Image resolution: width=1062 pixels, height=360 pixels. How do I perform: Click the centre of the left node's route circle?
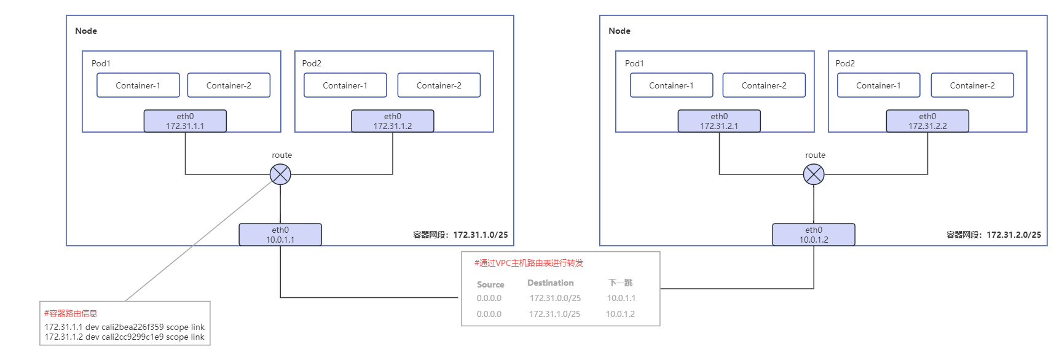[x=280, y=174]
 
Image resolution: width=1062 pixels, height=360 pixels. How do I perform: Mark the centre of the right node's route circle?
[x=814, y=174]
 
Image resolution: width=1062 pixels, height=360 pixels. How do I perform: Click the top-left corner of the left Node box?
[x=66, y=16]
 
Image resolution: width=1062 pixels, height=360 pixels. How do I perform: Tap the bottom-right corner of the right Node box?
[x=1047, y=246]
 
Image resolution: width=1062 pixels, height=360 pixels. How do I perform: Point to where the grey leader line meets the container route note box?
[x=125, y=301]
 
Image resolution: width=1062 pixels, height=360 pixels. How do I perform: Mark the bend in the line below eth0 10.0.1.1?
[x=280, y=297]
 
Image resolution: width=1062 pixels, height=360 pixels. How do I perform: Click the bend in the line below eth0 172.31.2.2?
[x=927, y=174]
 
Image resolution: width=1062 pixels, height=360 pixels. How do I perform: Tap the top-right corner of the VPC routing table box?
[x=660, y=252]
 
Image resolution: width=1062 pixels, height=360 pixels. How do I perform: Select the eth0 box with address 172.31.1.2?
[x=393, y=121]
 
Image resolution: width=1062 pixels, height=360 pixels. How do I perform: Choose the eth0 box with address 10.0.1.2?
[x=814, y=235]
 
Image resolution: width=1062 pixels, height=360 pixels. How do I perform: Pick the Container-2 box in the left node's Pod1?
[x=229, y=85]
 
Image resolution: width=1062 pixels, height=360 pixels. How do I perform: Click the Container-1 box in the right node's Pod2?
[x=878, y=85]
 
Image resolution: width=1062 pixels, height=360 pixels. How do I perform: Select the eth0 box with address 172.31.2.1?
[x=719, y=121]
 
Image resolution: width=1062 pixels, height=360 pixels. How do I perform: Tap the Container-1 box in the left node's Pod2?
[x=345, y=85]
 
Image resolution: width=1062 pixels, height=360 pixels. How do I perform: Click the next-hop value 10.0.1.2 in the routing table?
[x=620, y=314]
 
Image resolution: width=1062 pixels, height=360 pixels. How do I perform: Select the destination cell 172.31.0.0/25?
[x=555, y=298]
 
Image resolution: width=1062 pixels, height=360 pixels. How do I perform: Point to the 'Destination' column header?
[x=551, y=283]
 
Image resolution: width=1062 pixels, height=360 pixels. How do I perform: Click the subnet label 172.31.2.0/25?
[x=1014, y=235]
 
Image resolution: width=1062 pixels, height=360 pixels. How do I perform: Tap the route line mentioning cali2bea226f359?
[x=125, y=327]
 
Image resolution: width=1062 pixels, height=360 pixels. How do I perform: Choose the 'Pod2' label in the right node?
[x=845, y=63]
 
